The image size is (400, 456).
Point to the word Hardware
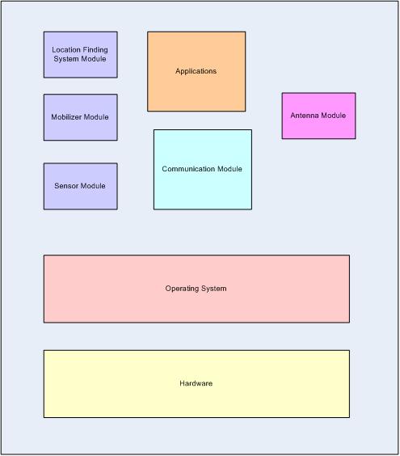coord(196,383)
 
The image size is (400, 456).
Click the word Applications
coord(196,71)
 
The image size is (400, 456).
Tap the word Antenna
coord(305,116)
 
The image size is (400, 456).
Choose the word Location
coord(65,50)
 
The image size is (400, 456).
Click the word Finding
coord(95,50)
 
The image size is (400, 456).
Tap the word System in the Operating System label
coord(213,289)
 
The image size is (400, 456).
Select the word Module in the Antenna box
coord(333,116)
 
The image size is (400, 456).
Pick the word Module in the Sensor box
coord(93,186)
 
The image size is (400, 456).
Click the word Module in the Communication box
coord(229,169)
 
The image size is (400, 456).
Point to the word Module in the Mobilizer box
coord(96,117)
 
